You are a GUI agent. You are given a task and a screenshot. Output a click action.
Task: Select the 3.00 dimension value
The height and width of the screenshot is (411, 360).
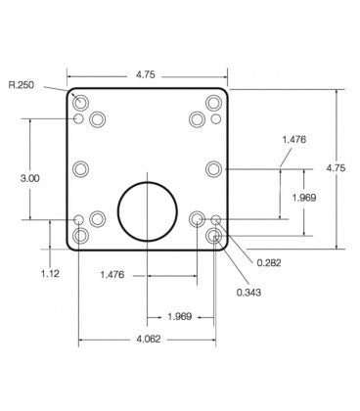tap(30, 178)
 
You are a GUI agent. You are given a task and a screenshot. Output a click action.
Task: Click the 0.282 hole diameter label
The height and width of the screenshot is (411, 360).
tap(271, 261)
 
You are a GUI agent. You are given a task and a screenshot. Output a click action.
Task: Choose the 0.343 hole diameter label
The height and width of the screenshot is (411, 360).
tap(249, 292)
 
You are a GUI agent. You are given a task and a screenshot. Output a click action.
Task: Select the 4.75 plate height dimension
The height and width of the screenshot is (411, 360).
tap(336, 168)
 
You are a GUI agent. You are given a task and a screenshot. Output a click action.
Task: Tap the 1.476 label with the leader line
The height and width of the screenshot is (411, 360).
tap(293, 139)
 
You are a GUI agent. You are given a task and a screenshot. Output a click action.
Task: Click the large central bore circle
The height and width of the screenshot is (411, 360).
tap(148, 209)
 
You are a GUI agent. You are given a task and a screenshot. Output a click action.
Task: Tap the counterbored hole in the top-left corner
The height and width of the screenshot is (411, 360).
tap(80, 102)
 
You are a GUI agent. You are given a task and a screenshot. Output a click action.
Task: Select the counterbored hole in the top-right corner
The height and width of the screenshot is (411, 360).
tap(215, 102)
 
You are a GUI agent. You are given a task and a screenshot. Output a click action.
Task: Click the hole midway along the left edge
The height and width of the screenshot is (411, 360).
tap(80, 168)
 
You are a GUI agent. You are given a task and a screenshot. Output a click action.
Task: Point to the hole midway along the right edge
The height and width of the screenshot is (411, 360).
tap(215, 168)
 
